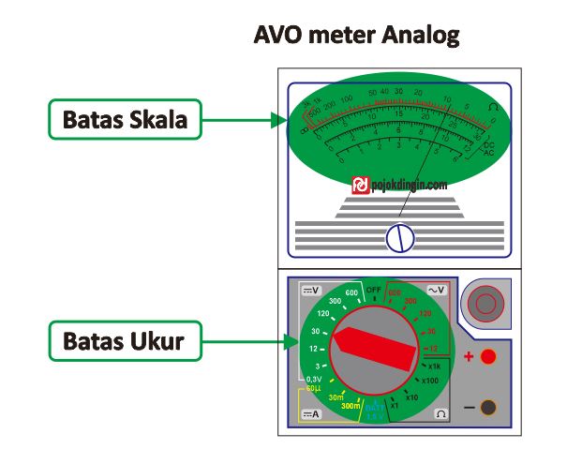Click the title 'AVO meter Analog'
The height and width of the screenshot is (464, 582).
(357, 37)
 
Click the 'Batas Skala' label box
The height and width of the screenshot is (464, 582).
(124, 120)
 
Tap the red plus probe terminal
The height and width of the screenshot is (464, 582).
(488, 357)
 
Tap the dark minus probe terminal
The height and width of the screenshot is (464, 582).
(488, 406)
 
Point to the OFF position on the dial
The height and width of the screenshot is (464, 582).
(374, 290)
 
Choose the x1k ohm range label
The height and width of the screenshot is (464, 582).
(434, 366)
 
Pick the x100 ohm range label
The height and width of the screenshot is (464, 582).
(429, 381)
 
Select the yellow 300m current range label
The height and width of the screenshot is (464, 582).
(351, 406)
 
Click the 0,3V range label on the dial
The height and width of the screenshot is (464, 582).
(314, 379)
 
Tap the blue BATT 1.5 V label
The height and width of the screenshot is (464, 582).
(376, 410)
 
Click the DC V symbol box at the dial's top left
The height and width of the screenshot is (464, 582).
(310, 291)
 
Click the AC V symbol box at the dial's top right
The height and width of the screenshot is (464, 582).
(438, 291)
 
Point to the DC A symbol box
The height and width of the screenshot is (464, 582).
(310, 412)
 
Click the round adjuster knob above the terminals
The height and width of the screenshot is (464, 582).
(485, 302)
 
